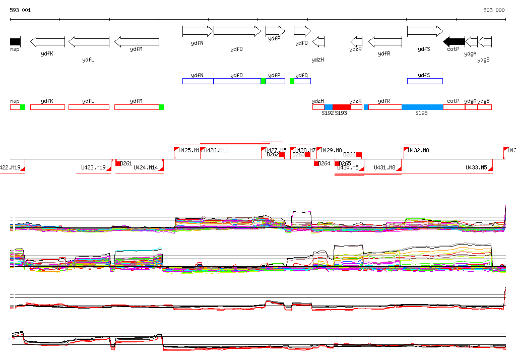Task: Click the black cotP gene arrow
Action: click(x=454, y=41)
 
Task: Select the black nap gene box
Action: click(x=15, y=41)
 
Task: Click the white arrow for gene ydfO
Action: click(x=237, y=31)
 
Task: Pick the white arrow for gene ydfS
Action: click(x=424, y=31)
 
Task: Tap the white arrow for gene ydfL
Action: click(x=89, y=41)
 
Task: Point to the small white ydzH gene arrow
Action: click(x=318, y=41)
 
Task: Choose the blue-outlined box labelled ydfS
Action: click(x=425, y=81)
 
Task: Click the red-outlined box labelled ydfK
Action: click(x=47, y=107)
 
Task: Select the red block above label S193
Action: click(x=342, y=107)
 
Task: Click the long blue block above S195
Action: click(x=422, y=107)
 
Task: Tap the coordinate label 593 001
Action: click(x=20, y=10)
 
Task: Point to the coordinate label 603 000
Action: click(x=494, y=10)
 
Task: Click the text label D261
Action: click(x=126, y=163)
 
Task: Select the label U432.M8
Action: click(x=419, y=150)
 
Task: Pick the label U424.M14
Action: click(x=146, y=167)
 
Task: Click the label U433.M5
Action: click(x=476, y=167)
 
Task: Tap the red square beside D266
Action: click(x=359, y=154)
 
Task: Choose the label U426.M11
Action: click(x=216, y=150)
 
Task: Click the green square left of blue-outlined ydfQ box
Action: click(x=292, y=81)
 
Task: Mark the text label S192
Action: click(x=328, y=113)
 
